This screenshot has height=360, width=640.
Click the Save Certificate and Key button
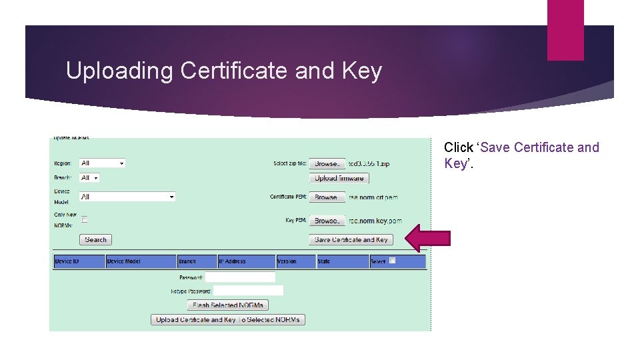351,239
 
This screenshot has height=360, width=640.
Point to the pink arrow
428,239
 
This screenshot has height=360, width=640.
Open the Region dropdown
102,163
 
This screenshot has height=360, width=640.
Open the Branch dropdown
89,178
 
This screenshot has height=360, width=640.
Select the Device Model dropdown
127,197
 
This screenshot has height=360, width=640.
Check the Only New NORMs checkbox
85,219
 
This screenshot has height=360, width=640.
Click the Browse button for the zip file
327,163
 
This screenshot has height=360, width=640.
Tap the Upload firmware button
339,178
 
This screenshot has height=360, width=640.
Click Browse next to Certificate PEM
327,197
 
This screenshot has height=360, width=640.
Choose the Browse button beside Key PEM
327,221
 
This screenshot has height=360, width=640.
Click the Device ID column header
79,261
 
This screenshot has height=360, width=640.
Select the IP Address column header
246,261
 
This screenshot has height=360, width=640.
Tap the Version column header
295,261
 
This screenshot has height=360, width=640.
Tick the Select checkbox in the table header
393,261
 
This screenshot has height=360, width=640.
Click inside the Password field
240,277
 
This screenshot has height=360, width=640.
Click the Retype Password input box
248,291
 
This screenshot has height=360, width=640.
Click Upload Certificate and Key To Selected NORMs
228,319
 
